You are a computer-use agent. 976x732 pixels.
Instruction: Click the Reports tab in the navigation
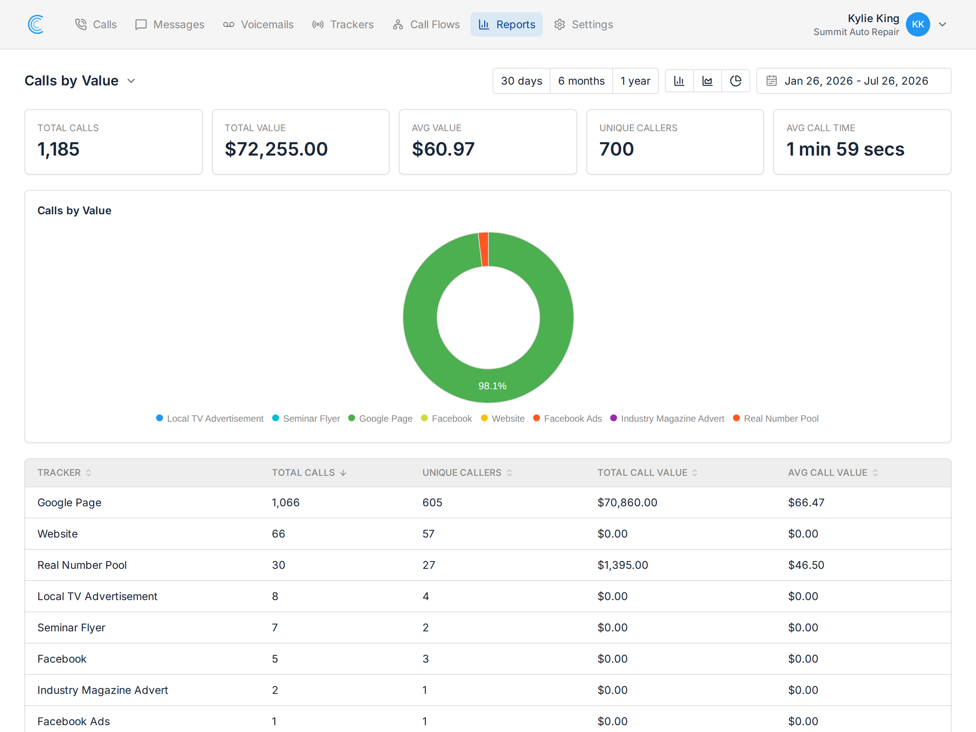click(x=507, y=24)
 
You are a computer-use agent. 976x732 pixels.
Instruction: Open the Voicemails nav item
click(x=258, y=24)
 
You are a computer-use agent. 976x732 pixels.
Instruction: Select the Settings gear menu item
click(x=583, y=24)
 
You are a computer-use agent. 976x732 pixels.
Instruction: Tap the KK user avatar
click(x=918, y=24)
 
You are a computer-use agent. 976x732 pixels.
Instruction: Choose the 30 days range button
click(x=522, y=81)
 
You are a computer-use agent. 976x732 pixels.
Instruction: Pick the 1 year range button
click(x=636, y=81)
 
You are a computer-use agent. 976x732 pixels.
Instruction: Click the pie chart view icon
click(x=735, y=81)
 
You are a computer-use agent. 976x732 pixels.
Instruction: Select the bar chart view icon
click(x=679, y=81)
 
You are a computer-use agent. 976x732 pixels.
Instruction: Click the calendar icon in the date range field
click(x=771, y=81)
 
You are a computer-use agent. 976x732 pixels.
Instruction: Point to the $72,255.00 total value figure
click(x=276, y=149)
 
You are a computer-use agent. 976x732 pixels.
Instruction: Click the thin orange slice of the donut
click(x=483, y=249)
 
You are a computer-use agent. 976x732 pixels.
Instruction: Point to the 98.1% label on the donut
click(x=493, y=386)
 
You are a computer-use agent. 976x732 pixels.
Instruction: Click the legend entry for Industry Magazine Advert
click(x=667, y=418)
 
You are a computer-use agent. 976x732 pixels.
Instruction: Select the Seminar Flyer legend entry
click(x=306, y=418)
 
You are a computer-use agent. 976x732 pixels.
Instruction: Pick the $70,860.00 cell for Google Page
click(x=628, y=502)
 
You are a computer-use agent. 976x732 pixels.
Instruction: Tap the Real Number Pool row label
click(x=82, y=565)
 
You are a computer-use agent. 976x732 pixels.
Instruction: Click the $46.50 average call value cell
click(x=806, y=565)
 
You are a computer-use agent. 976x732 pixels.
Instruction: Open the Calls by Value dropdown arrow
click(x=131, y=81)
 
